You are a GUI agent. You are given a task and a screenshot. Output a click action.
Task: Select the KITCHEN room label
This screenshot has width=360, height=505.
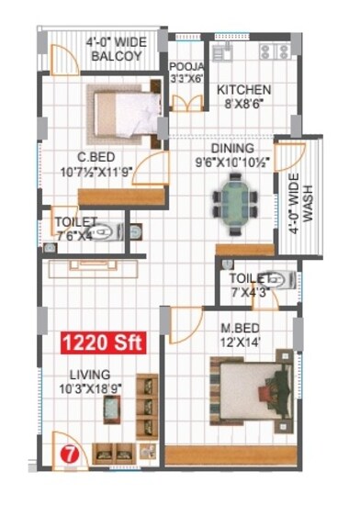pos(243,90)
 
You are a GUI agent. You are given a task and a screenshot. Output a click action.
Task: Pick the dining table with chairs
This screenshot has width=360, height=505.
pos(230,202)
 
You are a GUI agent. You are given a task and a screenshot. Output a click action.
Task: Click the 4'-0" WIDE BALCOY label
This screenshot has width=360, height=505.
pos(115,49)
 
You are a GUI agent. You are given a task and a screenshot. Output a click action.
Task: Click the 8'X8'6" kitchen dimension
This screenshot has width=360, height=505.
pos(243,105)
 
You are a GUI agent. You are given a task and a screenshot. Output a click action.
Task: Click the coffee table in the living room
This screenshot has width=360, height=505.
pos(107,410)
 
